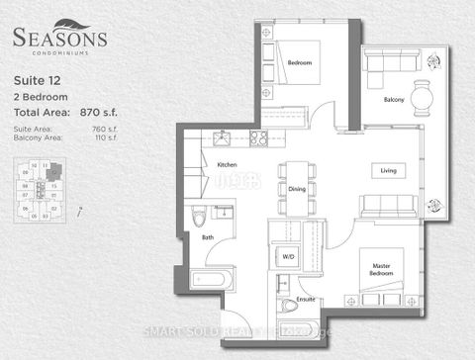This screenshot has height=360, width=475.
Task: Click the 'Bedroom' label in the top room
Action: pos(301,63)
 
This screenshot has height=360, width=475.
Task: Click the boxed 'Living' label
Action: pos(389,170)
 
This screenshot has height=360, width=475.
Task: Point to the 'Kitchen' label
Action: pos(227,164)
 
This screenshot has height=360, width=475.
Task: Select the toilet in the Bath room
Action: pos(198,215)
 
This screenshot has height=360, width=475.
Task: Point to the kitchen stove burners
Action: pos(258,137)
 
